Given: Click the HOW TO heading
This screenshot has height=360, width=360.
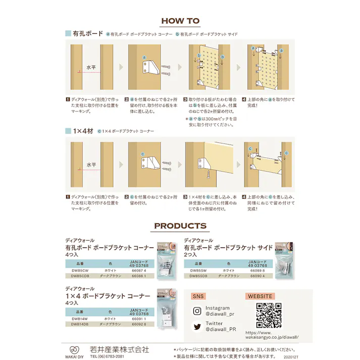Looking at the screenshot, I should [180, 21].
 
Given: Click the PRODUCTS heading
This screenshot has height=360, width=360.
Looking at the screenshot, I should [180, 226].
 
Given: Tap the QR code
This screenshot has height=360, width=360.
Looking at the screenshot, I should [269, 316].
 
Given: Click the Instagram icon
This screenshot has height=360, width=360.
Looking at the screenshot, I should [197, 311].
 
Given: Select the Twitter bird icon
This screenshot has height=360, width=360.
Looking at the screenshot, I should [197, 326].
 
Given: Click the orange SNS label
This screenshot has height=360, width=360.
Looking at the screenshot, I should [198, 296].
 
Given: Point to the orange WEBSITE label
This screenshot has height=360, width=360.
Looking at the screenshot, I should [260, 296].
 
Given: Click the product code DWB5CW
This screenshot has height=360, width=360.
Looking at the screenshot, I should [80, 271].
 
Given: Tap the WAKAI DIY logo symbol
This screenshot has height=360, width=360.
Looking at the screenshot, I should [74, 348].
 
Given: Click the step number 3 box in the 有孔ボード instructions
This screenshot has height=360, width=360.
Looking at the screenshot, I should [185, 100].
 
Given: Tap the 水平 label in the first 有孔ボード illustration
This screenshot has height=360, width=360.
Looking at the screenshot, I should [91, 67].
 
